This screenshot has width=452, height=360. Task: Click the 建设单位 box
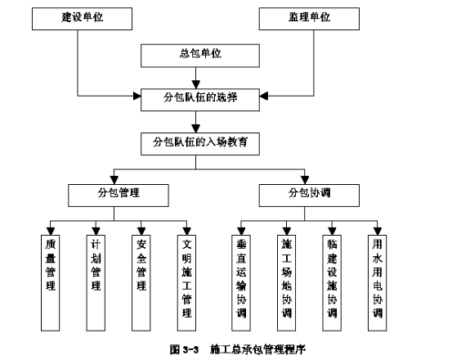pos(83,19)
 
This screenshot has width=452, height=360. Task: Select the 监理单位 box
pos(309,19)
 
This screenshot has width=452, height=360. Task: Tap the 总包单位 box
pos(200,56)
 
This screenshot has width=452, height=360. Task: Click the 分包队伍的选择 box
pos(200,100)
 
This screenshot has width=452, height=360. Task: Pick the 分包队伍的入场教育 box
pos(200,144)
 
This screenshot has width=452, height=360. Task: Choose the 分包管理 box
pos(119,196)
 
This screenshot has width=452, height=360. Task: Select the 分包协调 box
pos(309,196)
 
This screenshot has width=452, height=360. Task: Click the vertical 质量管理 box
pos(50,283)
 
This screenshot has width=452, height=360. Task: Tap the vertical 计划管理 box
pos(96,283)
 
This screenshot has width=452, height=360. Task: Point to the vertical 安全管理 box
pos(141,283)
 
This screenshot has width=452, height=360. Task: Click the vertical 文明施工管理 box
pos(186,283)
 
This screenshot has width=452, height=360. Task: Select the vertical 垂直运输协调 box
pos(241,283)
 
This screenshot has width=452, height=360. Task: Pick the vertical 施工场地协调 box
pos(286,283)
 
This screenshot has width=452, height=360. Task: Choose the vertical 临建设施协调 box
pos(332,283)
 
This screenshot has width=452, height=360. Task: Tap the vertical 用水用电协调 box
pos(377,283)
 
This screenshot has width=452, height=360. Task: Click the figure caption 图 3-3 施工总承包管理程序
pos(238,349)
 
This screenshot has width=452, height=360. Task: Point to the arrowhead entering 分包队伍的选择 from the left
pos(137,96)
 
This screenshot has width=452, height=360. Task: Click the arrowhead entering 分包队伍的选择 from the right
pos(264,96)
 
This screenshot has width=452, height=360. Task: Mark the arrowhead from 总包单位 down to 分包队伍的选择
pos(195,84)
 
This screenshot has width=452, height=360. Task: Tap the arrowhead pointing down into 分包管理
pos(114,180)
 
